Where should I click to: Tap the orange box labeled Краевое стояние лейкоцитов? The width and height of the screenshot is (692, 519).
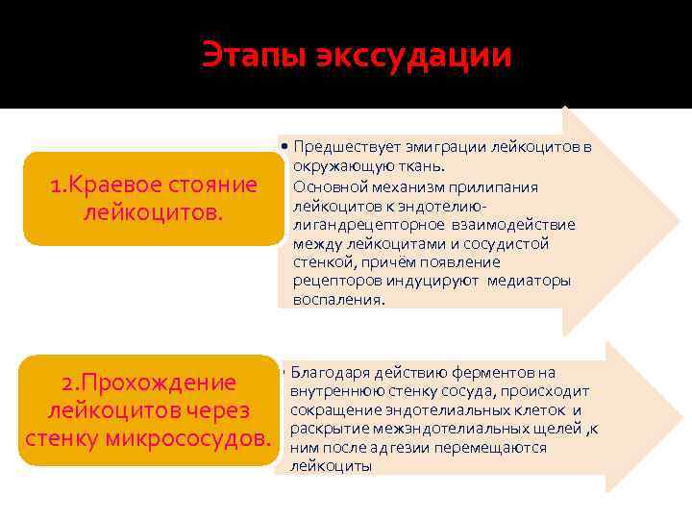coord(154,198)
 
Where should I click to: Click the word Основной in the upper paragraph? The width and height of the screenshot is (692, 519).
coord(325,186)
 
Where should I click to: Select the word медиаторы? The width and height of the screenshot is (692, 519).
coord(529,281)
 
